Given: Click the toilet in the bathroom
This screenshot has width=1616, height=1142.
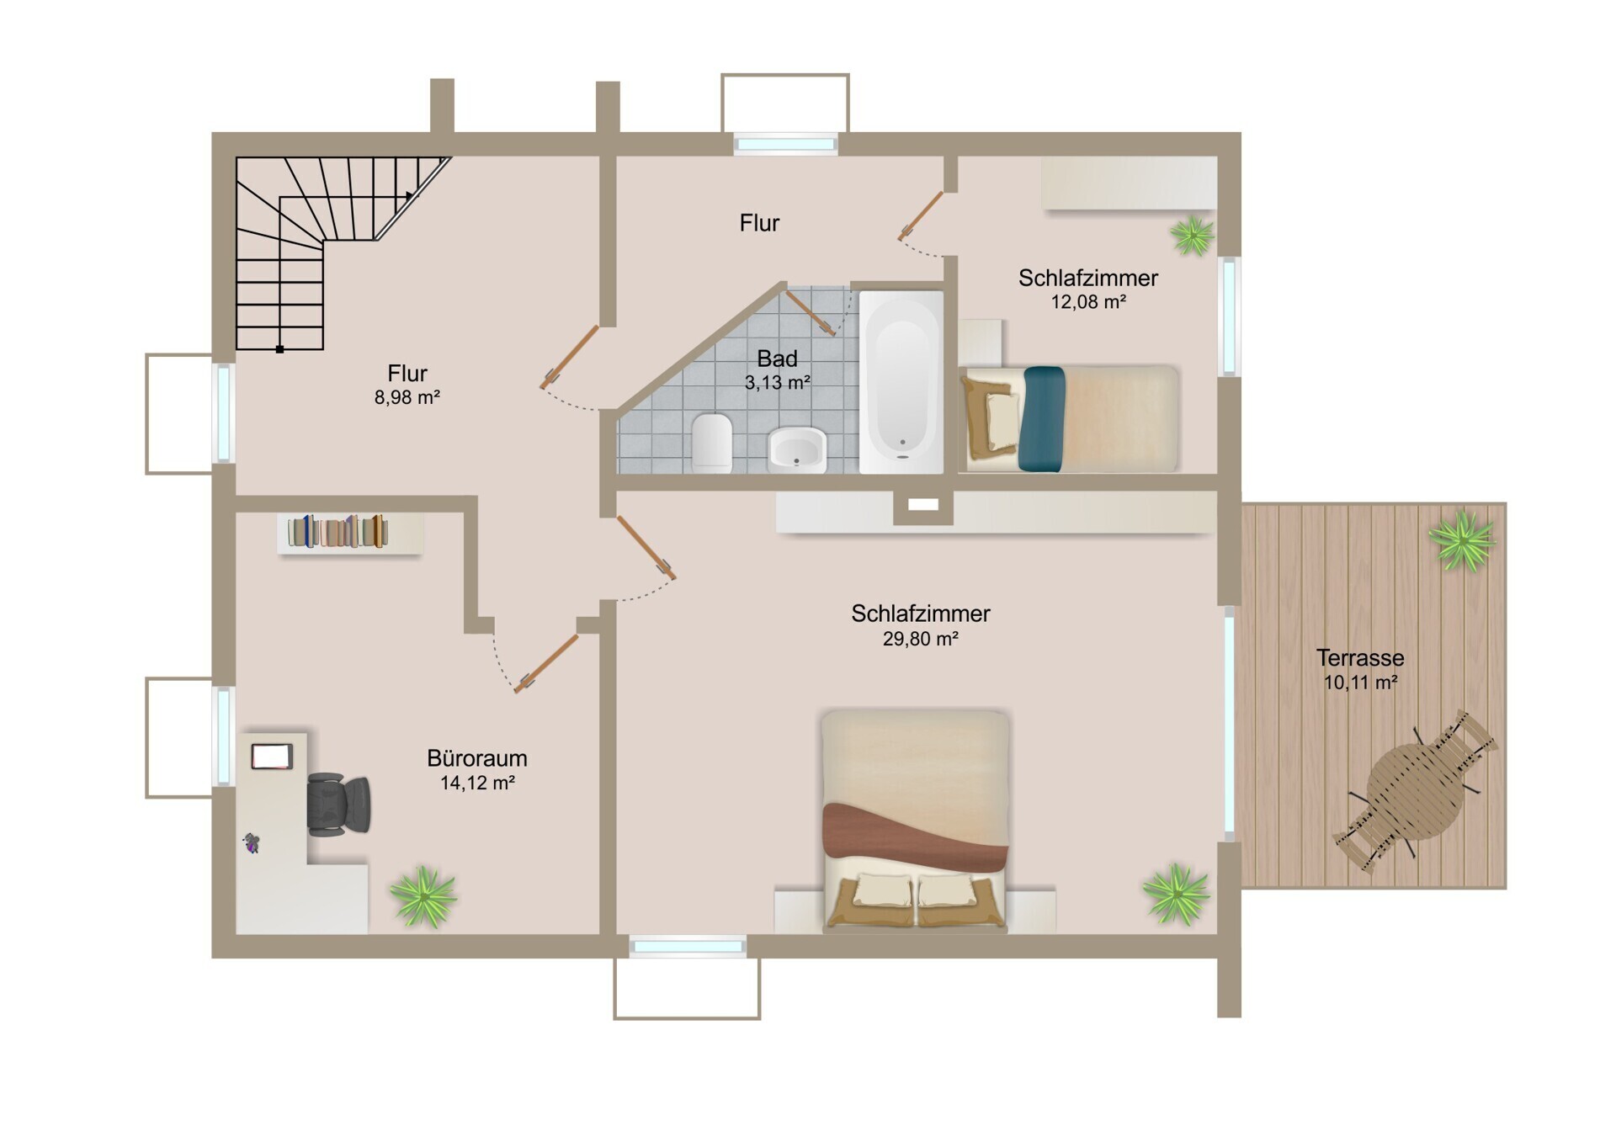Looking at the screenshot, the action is click(712, 443).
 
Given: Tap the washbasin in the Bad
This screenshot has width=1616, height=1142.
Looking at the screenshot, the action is click(797, 449).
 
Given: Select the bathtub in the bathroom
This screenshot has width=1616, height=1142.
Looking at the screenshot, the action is click(901, 382).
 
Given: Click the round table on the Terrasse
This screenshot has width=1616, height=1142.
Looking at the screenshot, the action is click(1415, 792).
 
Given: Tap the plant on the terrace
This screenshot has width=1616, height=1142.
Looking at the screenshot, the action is click(1462, 542).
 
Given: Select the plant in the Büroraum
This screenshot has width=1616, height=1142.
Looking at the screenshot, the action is click(423, 897).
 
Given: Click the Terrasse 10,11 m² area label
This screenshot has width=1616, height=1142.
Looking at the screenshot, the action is click(1360, 670).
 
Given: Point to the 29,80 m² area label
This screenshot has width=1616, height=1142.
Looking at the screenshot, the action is click(920, 640).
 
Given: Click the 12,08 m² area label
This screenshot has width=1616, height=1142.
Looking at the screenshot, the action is click(1088, 302).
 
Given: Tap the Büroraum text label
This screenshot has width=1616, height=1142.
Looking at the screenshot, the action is click(477, 758).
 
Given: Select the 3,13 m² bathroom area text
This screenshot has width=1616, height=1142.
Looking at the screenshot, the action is click(777, 383).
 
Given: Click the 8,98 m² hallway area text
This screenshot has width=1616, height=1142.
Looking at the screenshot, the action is click(407, 397).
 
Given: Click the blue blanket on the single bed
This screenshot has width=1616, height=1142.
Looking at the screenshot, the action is click(1042, 419).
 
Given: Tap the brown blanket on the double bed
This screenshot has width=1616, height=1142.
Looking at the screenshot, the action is click(916, 836).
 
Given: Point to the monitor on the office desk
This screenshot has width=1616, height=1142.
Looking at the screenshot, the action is click(272, 757).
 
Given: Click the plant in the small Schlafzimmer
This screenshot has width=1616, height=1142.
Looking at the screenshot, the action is click(1193, 235).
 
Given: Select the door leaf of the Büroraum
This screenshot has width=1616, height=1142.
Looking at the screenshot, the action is click(547, 664).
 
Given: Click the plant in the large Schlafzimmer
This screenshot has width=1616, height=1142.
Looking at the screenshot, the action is click(1176, 894).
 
